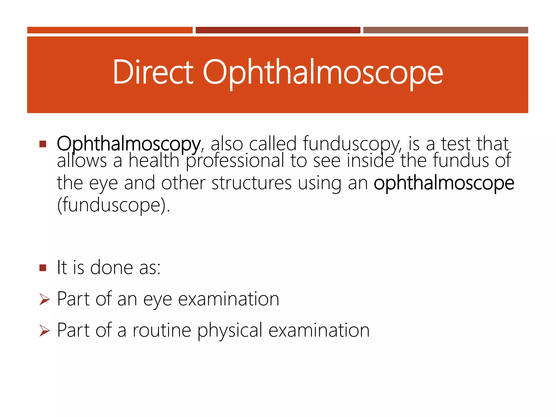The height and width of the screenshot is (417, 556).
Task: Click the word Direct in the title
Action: click(x=153, y=72)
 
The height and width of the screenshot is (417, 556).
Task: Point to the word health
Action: click(x=154, y=161)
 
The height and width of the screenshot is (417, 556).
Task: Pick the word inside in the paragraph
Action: click(x=370, y=161)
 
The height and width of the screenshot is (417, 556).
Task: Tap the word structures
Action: click(x=251, y=183)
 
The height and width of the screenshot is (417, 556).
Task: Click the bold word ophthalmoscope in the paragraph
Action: click(x=444, y=184)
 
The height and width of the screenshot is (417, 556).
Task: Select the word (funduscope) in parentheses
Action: click(x=113, y=206)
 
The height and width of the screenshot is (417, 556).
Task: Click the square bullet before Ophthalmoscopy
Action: click(x=43, y=144)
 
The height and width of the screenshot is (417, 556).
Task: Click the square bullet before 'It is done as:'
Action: click(x=43, y=268)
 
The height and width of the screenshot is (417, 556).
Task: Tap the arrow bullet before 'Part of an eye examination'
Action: click(x=45, y=299)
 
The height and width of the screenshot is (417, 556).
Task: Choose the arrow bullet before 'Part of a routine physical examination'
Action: click(x=45, y=330)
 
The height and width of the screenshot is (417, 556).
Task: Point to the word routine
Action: click(x=162, y=330)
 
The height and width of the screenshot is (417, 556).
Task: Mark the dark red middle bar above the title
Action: click(x=278, y=30)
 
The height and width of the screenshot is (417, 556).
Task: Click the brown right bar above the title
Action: click(x=446, y=30)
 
